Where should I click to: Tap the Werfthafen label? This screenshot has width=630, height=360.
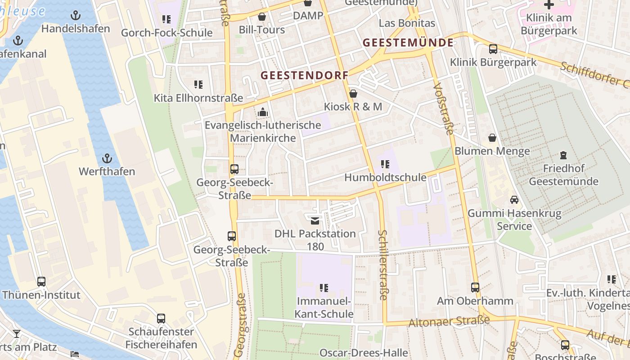(x=107, y=171)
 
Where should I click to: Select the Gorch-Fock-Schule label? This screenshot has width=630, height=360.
(x=166, y=32)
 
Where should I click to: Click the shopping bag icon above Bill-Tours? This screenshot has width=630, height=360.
(x=262, y=17)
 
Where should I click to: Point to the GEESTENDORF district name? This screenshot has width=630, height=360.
(x=305, y=76)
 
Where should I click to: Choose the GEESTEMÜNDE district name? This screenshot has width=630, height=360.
(x=408, y=43)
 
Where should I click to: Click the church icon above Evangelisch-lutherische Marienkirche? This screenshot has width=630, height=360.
(x=263, y=112)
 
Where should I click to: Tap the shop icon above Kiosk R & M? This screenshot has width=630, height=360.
(x=353, y=94)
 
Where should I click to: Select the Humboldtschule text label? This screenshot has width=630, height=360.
(x=385, y=178)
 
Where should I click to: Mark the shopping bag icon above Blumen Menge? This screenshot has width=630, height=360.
(x=492, y=138)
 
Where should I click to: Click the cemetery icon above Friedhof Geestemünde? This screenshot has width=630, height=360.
(x=563, y=156)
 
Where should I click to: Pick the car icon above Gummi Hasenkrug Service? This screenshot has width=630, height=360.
(x=514, y=200)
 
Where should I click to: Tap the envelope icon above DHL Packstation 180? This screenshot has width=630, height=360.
(x=315, y=220)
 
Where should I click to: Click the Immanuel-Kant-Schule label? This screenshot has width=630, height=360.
(x=324, y=307)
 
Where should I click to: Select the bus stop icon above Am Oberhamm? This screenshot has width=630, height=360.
(x=475, y=288)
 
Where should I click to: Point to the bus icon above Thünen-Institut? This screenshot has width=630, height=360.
(x=41, y=282)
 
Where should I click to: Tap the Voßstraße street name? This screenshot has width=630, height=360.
(x=444, y=108)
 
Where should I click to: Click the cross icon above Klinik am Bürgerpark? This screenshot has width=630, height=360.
(x=549, y=5)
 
